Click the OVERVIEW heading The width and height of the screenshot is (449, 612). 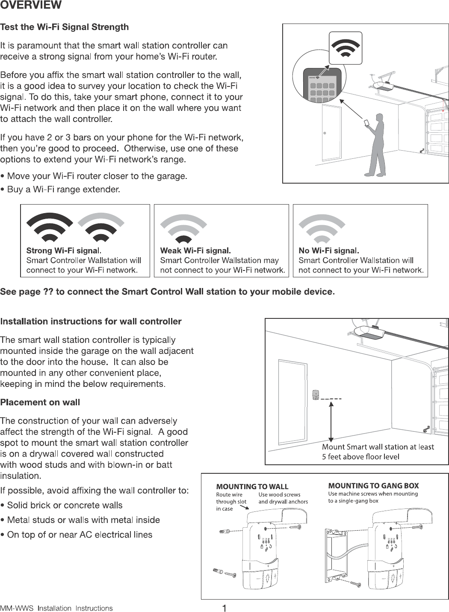tap(31, 6)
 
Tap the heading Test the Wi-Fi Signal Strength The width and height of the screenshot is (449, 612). tap(65, 27)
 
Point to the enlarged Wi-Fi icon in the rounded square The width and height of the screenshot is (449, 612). tap(345, 48)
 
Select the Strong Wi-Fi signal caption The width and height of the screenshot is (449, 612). tap(64, 251)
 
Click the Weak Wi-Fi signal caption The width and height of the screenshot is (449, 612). tap(195, 251)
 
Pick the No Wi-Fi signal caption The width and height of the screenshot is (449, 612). tap(328, 251)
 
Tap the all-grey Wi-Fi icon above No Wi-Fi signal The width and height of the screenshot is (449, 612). tap(322, 229)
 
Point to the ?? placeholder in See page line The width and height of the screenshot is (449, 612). tap(48, 292)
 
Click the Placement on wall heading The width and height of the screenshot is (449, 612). tap(40, 402)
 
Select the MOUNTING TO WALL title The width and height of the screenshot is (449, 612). tap(252, 487)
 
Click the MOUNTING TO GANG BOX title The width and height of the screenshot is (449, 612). tap(373, 486)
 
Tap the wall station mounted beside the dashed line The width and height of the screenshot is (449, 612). tap(316, 395)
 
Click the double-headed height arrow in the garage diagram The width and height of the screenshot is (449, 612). tap(330, 421)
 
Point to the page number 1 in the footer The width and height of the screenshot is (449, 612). tap(224, 608)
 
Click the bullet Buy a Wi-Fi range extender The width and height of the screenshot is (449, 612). tap(60, 189)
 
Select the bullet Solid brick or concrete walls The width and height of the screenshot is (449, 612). tap(62, 505)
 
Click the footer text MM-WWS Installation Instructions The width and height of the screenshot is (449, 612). tap(56, 608)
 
